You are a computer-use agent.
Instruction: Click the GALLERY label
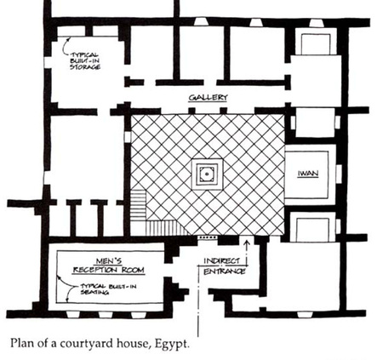(x=208, y=98)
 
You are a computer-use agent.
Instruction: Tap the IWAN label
(x=308, y=174)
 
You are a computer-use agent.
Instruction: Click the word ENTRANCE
(x=224, y=271)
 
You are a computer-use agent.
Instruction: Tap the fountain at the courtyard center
(x=207, y=174)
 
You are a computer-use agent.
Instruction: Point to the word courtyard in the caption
(x=84, y=344)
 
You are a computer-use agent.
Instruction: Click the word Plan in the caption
(x=23, y=343)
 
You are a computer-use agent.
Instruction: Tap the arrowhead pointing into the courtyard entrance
(x=247, y=243)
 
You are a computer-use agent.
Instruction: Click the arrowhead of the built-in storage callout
(x=67, y=40)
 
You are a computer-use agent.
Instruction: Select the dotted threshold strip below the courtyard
(x=208, y=237)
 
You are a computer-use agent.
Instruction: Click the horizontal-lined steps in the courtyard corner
(x=138, y=205)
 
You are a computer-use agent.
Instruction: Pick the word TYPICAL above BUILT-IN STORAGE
(x=84, y=54)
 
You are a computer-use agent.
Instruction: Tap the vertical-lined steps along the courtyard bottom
(x=166, y=228)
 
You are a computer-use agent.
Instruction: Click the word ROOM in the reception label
(x=133, y=270)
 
